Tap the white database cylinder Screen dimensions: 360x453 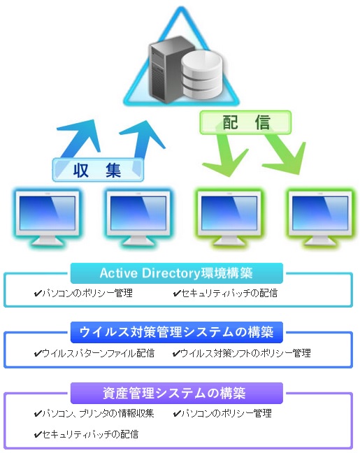pos(202,75)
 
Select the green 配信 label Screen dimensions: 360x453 pos(245,122)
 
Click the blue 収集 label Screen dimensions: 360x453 pos(98,170)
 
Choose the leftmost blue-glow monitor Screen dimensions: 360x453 pos(47,218)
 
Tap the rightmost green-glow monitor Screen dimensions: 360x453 pos(320,218)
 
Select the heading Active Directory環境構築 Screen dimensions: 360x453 pos(176,273)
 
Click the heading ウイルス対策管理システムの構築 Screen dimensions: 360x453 pos(176,332)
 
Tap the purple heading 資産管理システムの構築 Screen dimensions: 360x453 pos(175,393)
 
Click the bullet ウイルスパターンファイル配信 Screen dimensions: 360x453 pos(99,353)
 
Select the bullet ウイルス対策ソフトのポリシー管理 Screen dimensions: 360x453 pos(245,353)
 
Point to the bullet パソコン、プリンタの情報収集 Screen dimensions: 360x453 pos(99,413)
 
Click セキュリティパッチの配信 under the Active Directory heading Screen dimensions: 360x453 pos(229,293)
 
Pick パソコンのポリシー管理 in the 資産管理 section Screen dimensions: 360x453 pos(226,413)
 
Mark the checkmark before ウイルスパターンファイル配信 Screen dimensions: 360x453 pos(38,354)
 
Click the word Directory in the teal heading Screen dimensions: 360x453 pos(171,273)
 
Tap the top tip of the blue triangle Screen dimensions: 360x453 pos(181,8)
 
